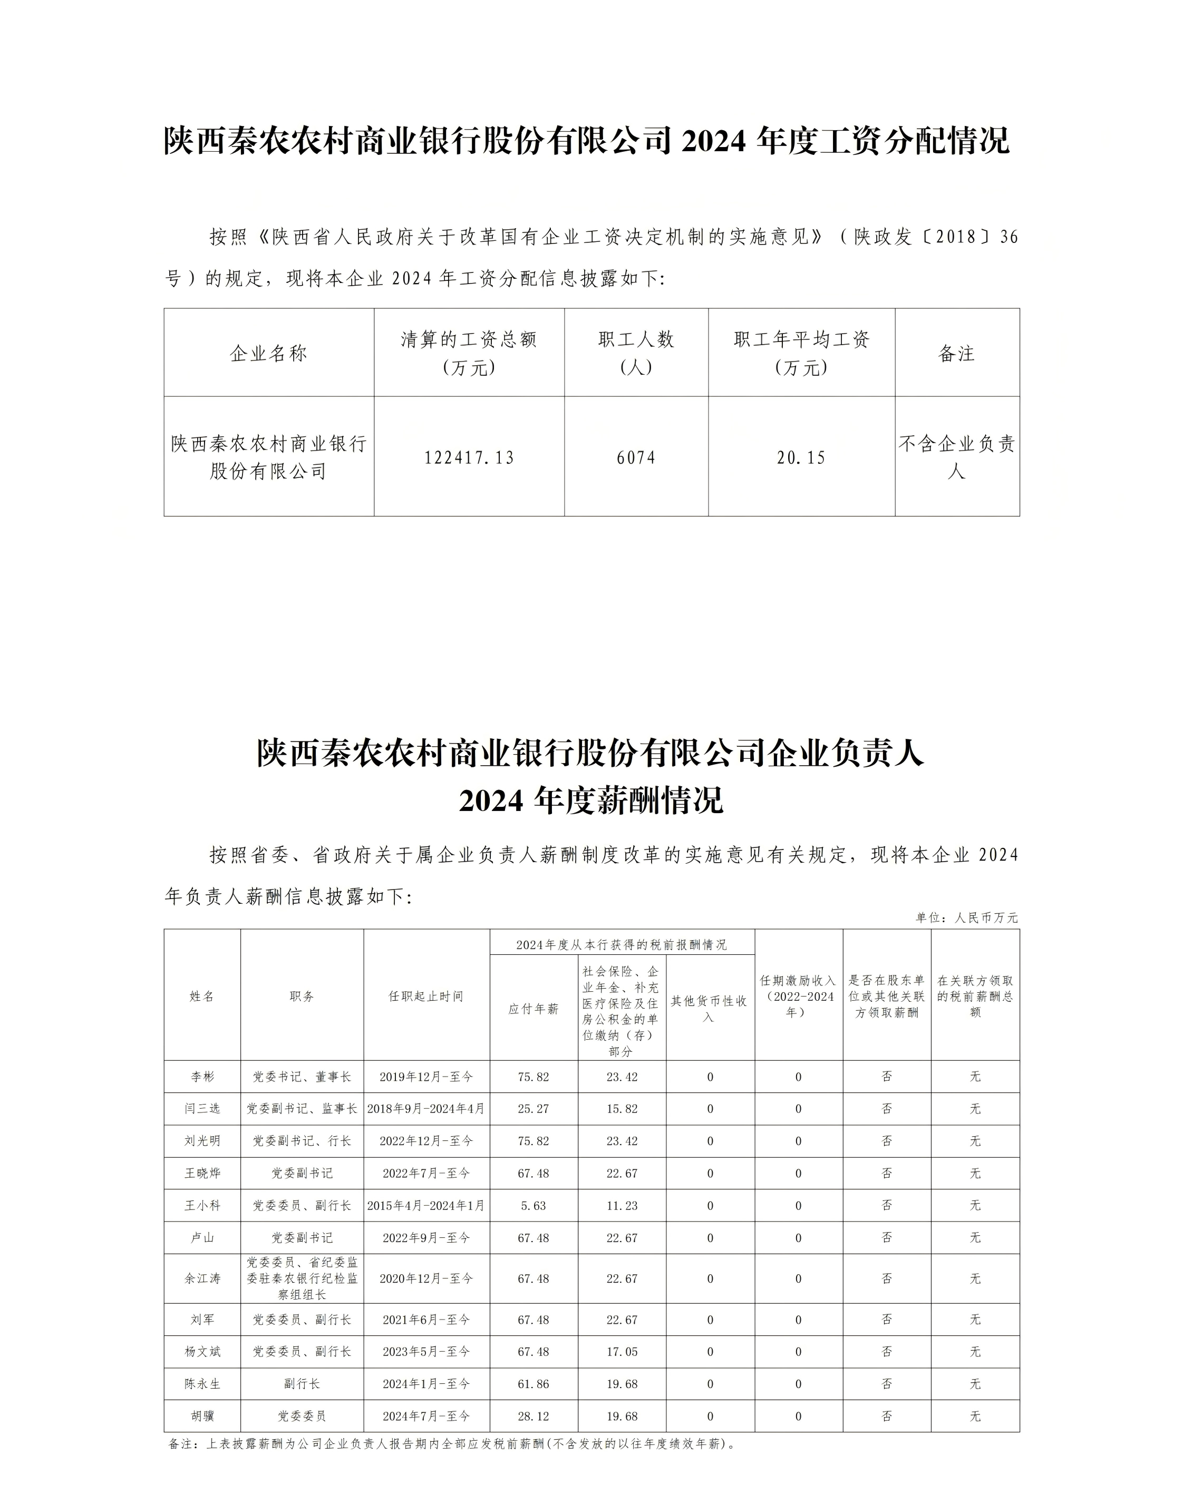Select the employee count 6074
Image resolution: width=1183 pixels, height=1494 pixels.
click(x=636, y=457)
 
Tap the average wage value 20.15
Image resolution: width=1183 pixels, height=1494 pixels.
click(x=801, y=457)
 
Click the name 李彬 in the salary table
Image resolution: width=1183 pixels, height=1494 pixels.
click(x=202, y=1077)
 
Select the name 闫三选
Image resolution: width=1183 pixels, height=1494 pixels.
click(x=202, y=1108)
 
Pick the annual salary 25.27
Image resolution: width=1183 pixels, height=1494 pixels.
click(x=534, y=1108)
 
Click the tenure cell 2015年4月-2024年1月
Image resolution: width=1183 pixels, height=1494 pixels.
click(x=426, y=1205)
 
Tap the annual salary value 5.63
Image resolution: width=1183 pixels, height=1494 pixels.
click(x=534, y=1205)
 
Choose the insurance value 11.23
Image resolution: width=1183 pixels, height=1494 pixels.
click(x=622, y=1205)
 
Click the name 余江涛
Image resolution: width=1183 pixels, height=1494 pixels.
click(x=202, y=1278)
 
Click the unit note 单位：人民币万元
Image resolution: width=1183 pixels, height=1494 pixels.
click(x=967, y=918)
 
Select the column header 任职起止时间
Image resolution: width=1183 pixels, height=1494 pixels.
click(x=426, y=996)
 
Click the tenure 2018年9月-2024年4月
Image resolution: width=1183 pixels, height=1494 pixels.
click(x=426, y=1108)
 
